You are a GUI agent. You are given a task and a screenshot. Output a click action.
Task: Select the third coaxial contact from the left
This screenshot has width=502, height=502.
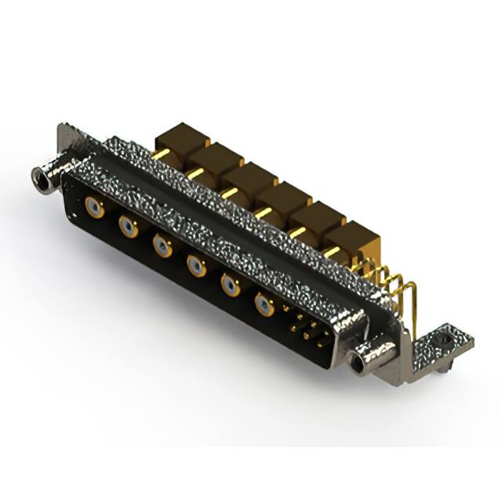[x=162, y=247]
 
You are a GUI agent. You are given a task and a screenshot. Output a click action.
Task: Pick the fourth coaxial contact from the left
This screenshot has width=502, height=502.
[x=196, y=267]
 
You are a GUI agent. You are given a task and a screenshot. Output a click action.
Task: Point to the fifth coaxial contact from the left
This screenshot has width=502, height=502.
[x=231, y=286]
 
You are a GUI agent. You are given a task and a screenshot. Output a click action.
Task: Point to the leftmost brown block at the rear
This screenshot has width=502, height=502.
[x=180, y=138]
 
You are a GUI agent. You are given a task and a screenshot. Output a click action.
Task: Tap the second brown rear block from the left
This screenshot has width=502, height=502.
[x=213, y=157]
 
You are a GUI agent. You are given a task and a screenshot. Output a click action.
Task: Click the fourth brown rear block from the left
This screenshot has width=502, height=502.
[x=282, y=197]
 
